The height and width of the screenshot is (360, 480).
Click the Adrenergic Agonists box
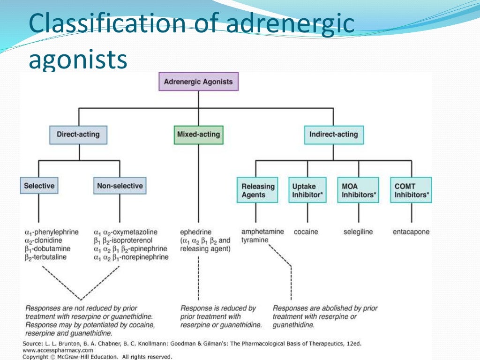click(198, 82)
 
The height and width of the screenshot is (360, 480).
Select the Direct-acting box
click(78, 135)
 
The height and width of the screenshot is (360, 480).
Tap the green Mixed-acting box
click(198, 135)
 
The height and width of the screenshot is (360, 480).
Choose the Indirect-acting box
click(333, 135)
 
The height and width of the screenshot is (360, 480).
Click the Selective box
click(39, 186)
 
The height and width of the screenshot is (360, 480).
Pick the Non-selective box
click(120, 186)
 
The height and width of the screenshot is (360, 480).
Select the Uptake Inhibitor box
click(307, 190)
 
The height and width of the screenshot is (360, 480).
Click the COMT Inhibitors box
click(412, 190)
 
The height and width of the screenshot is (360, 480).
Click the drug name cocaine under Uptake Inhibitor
click(306, 232)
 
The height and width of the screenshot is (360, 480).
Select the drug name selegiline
click(358, 232)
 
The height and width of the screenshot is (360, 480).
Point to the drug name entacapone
click(411, 232)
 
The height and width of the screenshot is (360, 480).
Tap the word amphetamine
click(262, 232)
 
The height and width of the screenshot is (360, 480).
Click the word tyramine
click(255, 240)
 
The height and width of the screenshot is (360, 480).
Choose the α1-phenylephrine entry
click(52, 232)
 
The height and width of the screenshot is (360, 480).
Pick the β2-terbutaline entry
click(45, 257)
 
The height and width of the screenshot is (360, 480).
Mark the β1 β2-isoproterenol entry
click(123, 240)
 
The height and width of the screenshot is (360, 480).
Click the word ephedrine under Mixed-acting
click(196, 232)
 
